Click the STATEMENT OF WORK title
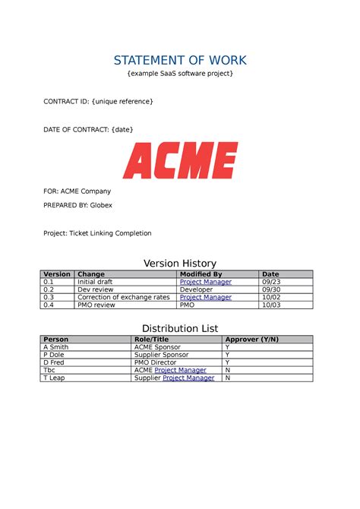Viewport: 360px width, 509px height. (x=180, y=60)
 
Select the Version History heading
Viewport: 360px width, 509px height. (x=180, y=264)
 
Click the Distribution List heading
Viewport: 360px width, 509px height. (x=180, y=328)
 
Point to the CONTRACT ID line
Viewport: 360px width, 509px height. (x=98, y=101)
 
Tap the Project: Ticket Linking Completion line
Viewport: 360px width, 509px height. (x=97, y=233)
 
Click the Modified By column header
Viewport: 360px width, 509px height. (x=201, y=274)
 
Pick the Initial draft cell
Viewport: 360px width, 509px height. (x=95, y=282)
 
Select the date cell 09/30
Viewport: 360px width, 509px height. (x=270, y=289)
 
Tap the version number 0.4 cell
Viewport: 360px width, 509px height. (x=49, y=305)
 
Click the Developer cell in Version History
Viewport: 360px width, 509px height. (x=196, y=289)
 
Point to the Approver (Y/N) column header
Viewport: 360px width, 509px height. (x=251, y=339)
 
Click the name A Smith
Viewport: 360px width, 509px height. (x=58, y=346)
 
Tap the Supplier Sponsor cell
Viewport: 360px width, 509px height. (x=163, y=355)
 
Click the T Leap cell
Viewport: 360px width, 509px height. (x=55, y=378)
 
